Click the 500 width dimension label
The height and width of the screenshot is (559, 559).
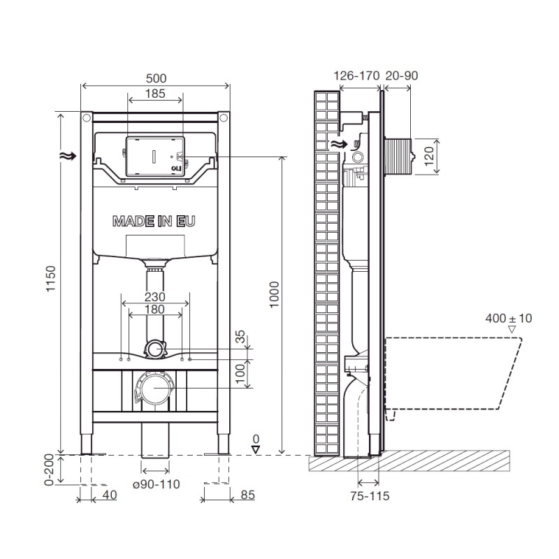click(x=156, y=78)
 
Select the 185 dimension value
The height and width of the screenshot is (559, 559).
click(x=155, y=94)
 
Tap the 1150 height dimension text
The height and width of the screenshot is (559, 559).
click(x=51, y=279)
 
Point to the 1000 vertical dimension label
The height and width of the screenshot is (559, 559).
click(x=274, y=295)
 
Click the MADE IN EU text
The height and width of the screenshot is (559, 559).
click(x=154, y=222)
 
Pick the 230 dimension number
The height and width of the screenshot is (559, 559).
click(x=155, y=296)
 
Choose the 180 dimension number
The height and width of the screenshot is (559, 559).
click(x=154, y=310)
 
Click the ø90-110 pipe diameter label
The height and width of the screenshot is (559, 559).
click(x=156, y=484)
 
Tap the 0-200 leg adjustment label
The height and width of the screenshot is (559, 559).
click(x=49, y=470)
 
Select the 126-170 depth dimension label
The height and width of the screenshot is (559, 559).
click(x=356, y=75)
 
